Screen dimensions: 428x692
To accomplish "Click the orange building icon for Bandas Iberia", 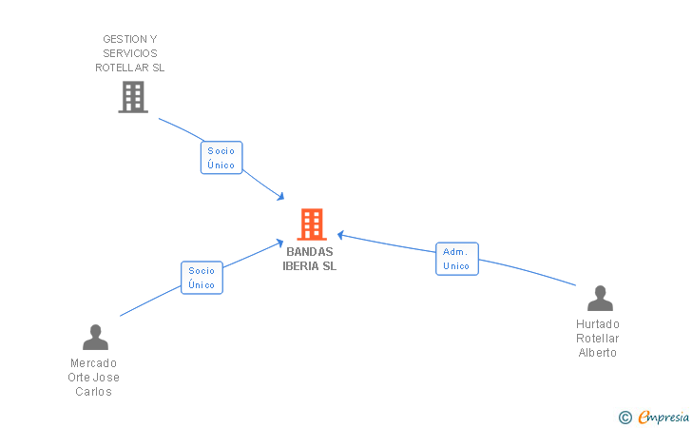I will click(x=311, y=224).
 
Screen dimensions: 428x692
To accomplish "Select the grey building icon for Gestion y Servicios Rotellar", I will click(x=133, y=96).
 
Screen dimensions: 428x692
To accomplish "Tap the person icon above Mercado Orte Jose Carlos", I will click(x=95, y=337).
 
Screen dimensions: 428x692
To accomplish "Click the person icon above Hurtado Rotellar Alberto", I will click(x=600, y=299).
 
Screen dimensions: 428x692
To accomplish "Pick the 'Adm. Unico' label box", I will click(x=456, y=259).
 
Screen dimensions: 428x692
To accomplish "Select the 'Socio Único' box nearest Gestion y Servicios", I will click(x=221, y=158).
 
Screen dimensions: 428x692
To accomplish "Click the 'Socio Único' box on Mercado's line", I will click(x=202, y=278).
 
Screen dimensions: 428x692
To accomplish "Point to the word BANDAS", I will click(x=310, y=252).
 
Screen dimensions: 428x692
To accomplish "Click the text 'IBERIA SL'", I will click(x=310, y=266).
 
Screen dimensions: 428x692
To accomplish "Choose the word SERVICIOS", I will click(x=130, y=53).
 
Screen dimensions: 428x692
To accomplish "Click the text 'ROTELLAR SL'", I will click(x=130, y=68).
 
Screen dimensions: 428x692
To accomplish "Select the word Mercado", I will click(x=94, y=363).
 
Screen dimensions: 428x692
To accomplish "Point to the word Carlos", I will click(x=94, y=392).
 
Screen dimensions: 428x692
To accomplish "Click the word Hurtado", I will click(x=598, y=324).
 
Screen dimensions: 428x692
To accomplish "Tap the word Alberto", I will click(x=598, y=353).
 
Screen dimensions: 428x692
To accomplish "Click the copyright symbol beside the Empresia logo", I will click(x=625, y=417).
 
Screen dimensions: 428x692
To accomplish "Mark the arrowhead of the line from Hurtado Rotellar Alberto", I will click(x=340, y=234).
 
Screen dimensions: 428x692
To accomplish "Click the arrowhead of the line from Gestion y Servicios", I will click(x=281, y=197).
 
